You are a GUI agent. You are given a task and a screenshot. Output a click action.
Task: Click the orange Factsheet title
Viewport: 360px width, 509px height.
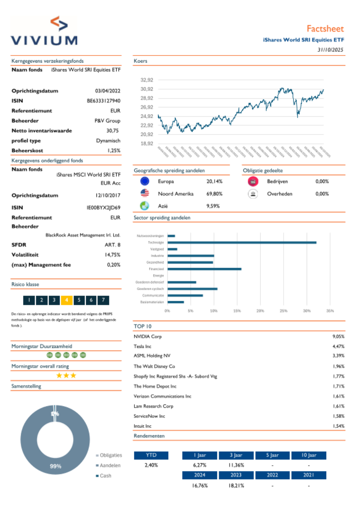pyautogui.click(x=325, y=29)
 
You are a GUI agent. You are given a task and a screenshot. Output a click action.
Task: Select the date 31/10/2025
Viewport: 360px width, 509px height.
pyautogui.click(x=330, y=50)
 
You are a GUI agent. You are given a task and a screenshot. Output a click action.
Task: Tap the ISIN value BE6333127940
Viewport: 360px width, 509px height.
pyautogui.click(x=103, y=101)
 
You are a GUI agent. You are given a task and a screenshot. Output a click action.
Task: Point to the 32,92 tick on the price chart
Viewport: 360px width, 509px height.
pyautogui.click(x=147, y=80)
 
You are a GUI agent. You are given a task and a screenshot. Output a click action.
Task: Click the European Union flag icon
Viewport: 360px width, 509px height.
pyautogui.click(x=145, y=181)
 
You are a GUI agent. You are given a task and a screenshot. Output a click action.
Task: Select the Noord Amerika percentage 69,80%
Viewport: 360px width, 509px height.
pyautogui.click(x=214, y=194)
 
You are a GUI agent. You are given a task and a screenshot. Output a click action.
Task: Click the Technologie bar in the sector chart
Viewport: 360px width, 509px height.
pyautogui.click(x=242, y=242)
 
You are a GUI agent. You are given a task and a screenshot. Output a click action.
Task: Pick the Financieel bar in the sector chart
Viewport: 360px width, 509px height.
pyautogui.click(x=204, y=269)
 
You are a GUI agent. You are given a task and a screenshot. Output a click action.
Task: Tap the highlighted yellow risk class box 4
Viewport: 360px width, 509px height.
pyautogui.click(x=67, y=300)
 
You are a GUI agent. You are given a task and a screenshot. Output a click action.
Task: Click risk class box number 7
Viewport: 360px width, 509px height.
pyautogui.click(x=103, y=300)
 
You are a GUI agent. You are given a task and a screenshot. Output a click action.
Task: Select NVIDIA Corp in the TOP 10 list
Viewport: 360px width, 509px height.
pyautogui.click(x=148, y=336)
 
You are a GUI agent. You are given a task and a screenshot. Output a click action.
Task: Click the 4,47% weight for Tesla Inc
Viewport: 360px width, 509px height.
pyautogui.click(x=338, y=347)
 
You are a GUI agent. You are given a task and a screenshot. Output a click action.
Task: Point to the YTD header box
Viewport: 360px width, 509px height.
pyautogui.click(x=151, y=455)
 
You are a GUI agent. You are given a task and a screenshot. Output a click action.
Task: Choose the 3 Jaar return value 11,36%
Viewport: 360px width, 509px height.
pyautogui.click(x=236, y=465)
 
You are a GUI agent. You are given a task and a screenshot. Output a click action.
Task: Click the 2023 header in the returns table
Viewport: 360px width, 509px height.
pyautogui.click(x=236, y=475)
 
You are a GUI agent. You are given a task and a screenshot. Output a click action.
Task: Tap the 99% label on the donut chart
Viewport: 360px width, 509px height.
pyautogui.click(x=55, y=466)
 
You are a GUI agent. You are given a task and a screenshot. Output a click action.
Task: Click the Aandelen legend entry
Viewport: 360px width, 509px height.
pyautogui.click(x=110, y=465)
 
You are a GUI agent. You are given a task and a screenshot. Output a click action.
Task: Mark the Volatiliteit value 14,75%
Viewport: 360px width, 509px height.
pyautogui.click(x=112, y=255)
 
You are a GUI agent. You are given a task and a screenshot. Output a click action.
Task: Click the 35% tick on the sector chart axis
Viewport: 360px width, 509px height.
pyautogui.click(x=330, y=311)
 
